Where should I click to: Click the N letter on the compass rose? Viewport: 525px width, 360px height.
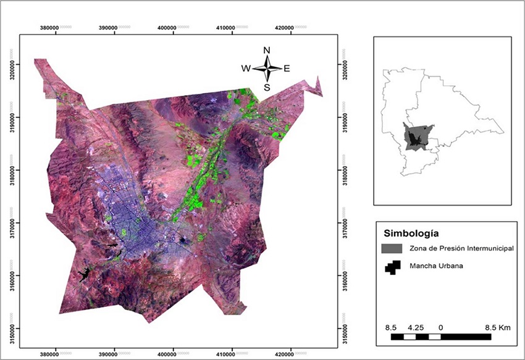pyautogui.click(x=267, y=50)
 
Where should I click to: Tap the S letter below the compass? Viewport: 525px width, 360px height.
pyautogui.click(x=267, y=87)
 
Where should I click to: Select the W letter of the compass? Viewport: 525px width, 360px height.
pyautogui.click(x=245, y=69)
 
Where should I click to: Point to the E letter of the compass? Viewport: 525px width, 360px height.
pyautogui.click(x=287, y=69)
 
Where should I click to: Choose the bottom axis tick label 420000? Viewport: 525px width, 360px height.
pyautogui.click(x=285, y=355)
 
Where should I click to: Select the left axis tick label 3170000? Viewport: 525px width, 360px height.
pyautogui.click(x=11, y=222)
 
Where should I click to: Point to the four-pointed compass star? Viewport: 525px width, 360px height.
pyautogui.click(x=267, y=69)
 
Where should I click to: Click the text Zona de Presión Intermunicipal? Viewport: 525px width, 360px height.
pyautogui.click(x=461, y=248)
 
